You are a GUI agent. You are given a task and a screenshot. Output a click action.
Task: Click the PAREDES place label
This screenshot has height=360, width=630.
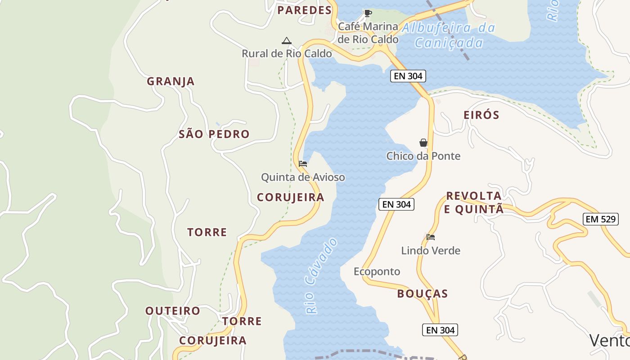pyautogui.click(x=304, y=10)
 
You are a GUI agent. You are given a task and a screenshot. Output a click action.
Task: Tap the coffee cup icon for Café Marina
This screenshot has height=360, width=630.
pyautogui.click(x=368, y=13)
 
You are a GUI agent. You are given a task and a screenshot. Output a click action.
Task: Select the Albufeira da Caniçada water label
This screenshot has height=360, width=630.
pyautogui.click(x=449, y=35)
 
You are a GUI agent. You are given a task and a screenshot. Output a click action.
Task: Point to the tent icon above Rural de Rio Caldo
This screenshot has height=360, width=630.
pyautogui.click(x=286, y=41)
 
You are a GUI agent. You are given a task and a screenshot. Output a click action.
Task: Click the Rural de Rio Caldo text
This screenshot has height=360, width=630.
pyautogui.click(x=287, y=54)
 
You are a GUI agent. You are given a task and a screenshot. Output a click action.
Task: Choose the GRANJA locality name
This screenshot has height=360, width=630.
pyautogui.click(x=171, y=81)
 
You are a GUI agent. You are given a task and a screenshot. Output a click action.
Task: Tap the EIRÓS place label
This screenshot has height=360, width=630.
pyautogui.click(x=481, y=115)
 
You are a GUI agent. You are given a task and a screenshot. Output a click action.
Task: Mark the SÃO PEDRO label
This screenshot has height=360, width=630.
pyautogui.click(x=214, y=134)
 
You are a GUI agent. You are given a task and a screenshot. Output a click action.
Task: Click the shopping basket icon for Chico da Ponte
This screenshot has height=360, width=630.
pyautogui.click(x=423, y=143)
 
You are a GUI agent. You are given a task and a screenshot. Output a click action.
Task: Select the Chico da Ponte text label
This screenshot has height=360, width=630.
pyautogui.click(x=423, y=156)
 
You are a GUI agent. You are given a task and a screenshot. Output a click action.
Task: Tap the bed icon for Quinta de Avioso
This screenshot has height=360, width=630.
pyautogui.click(x=303, y=164)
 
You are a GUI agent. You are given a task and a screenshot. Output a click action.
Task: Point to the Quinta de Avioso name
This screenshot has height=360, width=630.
pyautogui.click(x=303, y=177)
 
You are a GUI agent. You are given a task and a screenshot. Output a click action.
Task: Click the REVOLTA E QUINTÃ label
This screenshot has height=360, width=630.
pyautogui.click(x=474, y=202)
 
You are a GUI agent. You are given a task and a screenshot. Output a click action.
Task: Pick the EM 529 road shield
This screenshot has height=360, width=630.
pyautogui.click(x=600, y=219)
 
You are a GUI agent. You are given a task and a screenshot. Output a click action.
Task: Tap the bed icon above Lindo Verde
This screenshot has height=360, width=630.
pyautogui.click(x=431, y=237)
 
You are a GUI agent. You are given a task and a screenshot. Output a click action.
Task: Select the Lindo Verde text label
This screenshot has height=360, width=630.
pyautogui.click(x=431, y=250)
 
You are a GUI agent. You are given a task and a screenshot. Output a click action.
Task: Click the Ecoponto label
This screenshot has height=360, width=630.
pyautogui.click(x=377, y=271)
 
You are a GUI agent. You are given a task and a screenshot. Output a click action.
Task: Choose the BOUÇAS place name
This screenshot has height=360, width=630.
pyautogui.click(x=423, y=294)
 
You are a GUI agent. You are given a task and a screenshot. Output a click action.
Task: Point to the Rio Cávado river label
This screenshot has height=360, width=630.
pyautogui.click(x=321, y=276)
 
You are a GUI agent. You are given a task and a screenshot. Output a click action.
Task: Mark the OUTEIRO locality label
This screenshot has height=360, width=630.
pyautogui.click(x=172, y=311)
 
